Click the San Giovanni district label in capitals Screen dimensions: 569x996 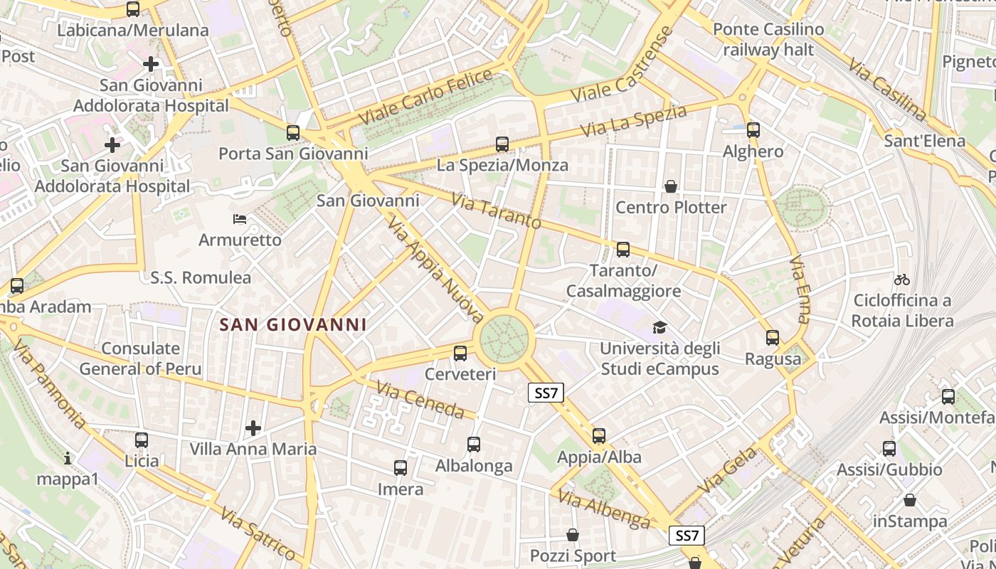pyautogui.click(x=293, y=325)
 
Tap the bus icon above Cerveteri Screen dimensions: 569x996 pyautogui.click(x=460, y=353)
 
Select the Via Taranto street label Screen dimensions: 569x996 pyautogui.click(x=496, y=211)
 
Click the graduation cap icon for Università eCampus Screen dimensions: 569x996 pyautogui.click(x=660, y=328)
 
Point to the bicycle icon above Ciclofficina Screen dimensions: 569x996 pyautogui.click(x=902, y=280)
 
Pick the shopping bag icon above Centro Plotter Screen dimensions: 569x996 pyautogui.click(x=670, y=187)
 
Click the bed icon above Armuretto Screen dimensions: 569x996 pyautogui.click(x=240, y=219)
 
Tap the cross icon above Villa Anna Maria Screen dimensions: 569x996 pyautogui.click(x=253, y=428)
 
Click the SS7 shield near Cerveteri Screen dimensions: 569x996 pyautogui.click(x=546, y=393)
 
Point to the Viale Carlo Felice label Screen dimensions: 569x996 pyautogui.click(x=425, y=97)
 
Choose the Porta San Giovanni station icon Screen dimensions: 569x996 pyautogui.click(x=292, y=132)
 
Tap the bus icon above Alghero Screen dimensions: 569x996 pyautogui.click(x=753, y=130)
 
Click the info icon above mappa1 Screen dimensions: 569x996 pyautogui.click(x=68, y=458)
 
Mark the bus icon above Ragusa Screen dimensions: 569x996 pyautogui.click(x=773, y=338)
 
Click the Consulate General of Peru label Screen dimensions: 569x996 pyautogui.click(x=140, y=358)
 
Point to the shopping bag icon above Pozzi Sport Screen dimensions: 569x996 pyautogui.click(x=573, y=535)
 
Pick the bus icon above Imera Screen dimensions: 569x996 pyautogui.click(x=401, y=468)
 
